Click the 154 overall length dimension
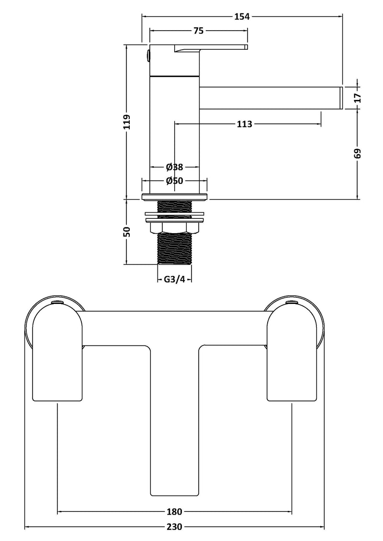(x=242, y=16)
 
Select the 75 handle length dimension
(x=199, y=31)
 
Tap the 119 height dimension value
(x=126, y=122)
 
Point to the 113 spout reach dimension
(x=244, y=124)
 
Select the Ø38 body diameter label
(x=175, y=167)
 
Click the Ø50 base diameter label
(x=175, y=181)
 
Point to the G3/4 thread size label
(x=174, y=280)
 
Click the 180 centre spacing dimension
(x=174, y=512)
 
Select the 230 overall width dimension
(x=174, y=527)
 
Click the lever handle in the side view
(x=211, y=47)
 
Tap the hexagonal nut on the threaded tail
(x=174, y=227)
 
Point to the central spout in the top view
(x=174, y=421)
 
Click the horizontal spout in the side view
(x=268, y=98)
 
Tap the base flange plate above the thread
(x=174, y=196)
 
